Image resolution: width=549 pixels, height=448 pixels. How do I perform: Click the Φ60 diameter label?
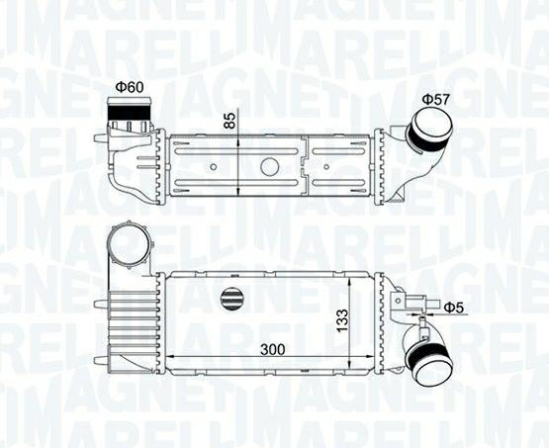129,87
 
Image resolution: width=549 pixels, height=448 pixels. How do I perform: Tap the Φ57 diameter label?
435,100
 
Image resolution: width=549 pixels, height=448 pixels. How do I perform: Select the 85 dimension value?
230,121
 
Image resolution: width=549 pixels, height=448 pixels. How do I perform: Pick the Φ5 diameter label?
453,308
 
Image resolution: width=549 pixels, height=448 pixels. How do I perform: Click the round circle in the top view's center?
269,167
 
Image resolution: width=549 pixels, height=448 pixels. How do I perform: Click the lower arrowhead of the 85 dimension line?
241,193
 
